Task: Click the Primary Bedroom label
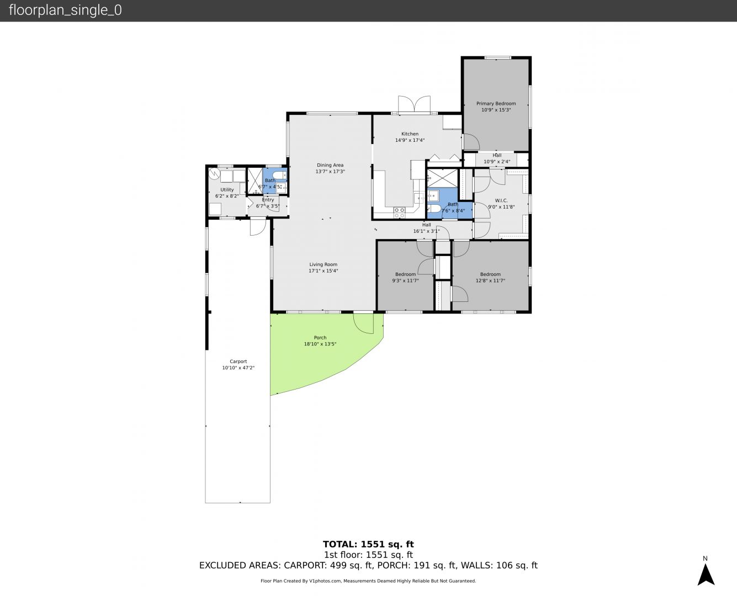tap(496, 103)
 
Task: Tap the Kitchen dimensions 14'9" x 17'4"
tap(410, 140)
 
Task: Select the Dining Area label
tap(330, 165)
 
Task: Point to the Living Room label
tap(323, 264)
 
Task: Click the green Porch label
tap(320, 338)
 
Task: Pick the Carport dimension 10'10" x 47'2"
tap(238, 368)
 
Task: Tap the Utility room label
tap(227, 189)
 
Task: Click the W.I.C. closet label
tap(501, 201)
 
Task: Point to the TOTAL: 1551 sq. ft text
tap(368, 544)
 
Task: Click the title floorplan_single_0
tap(65, 10)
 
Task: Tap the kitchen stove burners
tap(399, 212)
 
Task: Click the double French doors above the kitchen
tap(414, 104)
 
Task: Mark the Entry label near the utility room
tap(268, 200)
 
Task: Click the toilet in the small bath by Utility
tap(279, 175)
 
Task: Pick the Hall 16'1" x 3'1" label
tap(426, 228)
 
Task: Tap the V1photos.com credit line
tap(368, 581)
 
